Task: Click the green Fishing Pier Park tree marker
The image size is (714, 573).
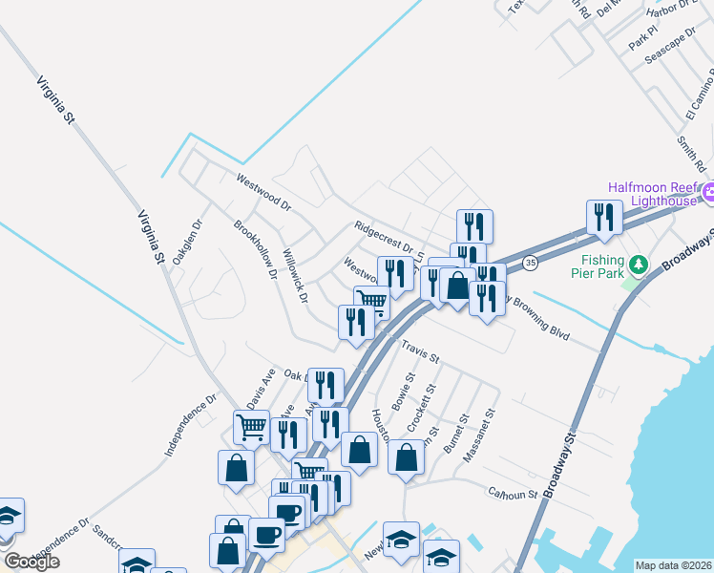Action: click(638, 263)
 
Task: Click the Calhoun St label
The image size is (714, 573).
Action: click(512, 494)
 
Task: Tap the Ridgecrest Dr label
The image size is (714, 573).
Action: click(382, 235)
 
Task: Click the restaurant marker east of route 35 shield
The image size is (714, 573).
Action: click(604, 217)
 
